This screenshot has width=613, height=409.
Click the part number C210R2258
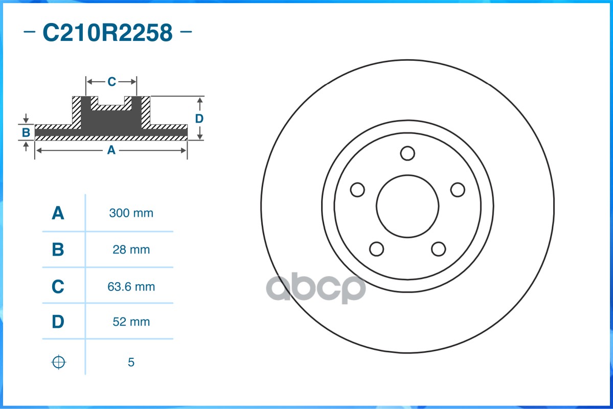point(107,33)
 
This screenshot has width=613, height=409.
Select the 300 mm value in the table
point(131,213)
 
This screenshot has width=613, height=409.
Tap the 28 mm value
point(131,250)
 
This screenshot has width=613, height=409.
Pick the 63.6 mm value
point(131,287)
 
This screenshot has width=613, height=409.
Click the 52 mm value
point(131,322)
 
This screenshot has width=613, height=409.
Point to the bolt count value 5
point(131,362)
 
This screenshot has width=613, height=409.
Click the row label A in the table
point(58,213)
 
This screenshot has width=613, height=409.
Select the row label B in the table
point(58,250)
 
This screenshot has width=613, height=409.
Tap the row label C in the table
point(58,287)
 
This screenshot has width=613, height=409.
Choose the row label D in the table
point(58,322)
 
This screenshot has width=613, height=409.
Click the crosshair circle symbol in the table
point(59,362)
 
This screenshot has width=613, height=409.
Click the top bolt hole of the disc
point(407,153)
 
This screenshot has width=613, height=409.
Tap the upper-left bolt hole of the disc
point(357,190)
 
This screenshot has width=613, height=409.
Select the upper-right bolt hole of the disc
point(458,190)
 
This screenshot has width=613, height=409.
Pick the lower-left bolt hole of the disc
point(376,249)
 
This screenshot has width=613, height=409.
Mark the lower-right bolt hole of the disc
point(438,249)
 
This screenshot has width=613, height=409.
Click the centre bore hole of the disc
point(407,206)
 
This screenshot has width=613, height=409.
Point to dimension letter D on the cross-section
point(199,119)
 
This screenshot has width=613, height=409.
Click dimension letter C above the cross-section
point(111,81)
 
